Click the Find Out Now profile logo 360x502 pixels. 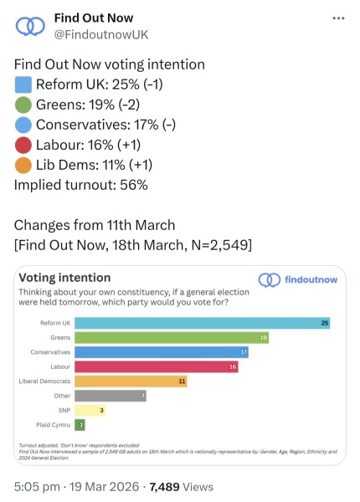coord(31,26)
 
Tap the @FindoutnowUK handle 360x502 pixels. coord(101,34)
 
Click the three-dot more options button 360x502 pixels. coord(337,18)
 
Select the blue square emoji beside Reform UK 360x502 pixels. coord(23,85)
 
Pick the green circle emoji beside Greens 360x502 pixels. coord(23,105)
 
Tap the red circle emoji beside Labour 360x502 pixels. coord(23,145)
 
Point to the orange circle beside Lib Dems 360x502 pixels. coord(23,165)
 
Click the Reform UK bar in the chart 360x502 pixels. coord(202,323)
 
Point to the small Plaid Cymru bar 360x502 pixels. coord(80,425)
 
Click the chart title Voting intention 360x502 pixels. coord(64,278)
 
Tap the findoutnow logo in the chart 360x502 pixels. coord(298,279)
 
